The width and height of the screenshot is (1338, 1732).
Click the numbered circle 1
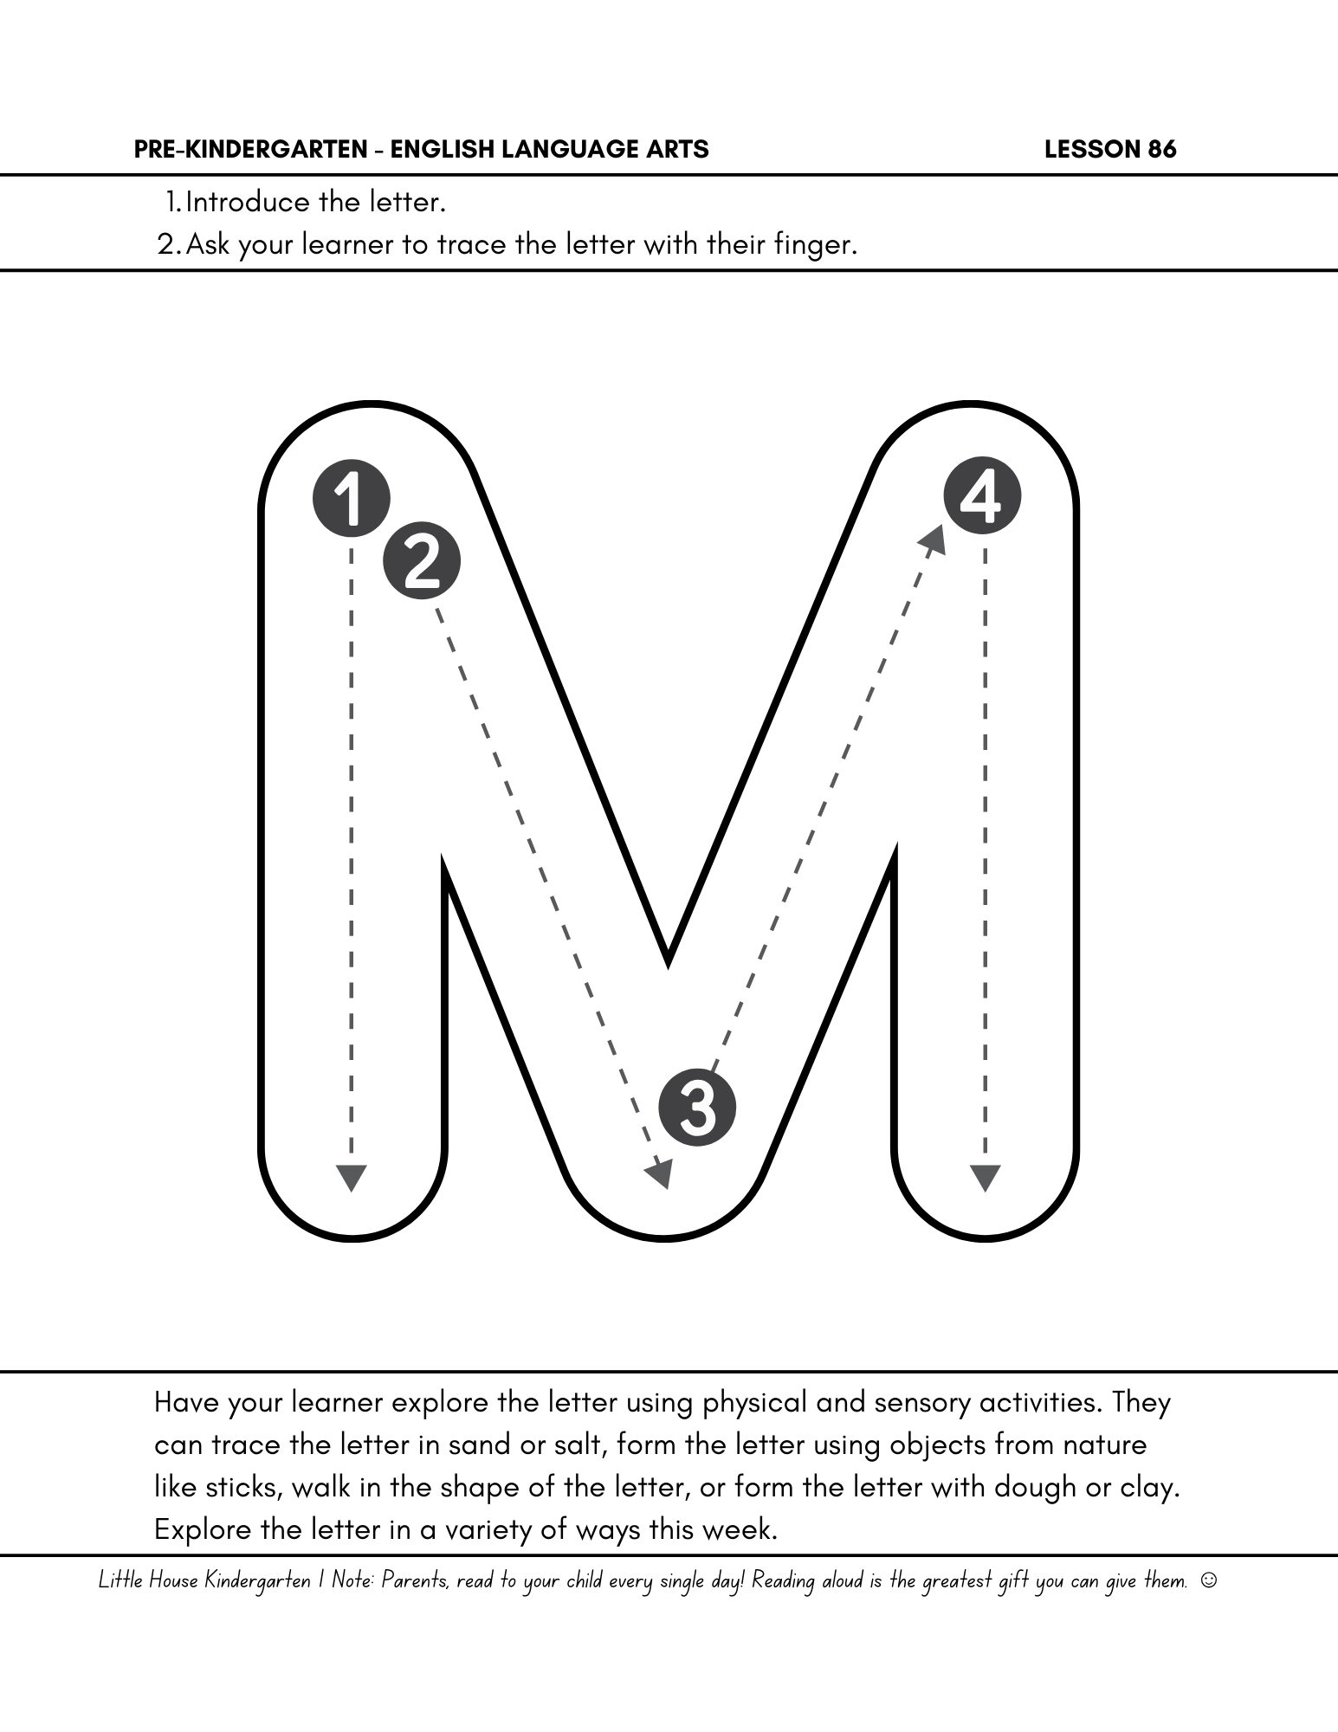(351, 498)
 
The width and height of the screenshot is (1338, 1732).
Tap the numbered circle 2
(422, 561)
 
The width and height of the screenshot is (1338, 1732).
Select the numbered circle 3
(697, 1108)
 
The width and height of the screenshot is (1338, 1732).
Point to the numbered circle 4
(982, 496)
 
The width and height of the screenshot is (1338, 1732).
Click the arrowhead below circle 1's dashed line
(351, 1178)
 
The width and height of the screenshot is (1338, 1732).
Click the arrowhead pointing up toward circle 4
(934, 539)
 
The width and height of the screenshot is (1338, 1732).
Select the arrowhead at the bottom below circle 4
(985, 1178)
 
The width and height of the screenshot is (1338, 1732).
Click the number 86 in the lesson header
(1162, 150)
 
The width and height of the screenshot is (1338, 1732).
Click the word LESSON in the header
(1092, 150)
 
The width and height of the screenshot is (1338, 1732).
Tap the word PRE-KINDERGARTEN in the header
(251, 150)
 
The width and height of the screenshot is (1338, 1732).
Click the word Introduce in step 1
(248, 203)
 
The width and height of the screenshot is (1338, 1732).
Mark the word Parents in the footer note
(415, 1580)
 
